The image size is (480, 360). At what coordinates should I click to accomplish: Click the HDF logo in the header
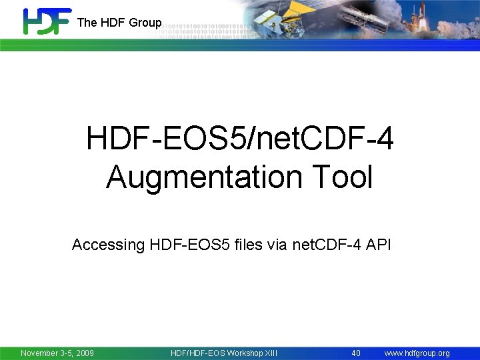tap(47, 21)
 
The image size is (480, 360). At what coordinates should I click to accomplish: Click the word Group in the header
tap(145, 23)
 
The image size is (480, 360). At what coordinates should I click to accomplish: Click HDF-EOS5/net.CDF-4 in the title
tap(239, 140)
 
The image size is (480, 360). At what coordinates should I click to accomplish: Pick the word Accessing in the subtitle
tap(108, 245)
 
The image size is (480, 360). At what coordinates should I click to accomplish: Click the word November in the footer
tap(41, 353)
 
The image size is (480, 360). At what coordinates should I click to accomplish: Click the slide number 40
tap(356, 353)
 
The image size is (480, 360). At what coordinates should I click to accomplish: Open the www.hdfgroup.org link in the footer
tap(417, 353)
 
